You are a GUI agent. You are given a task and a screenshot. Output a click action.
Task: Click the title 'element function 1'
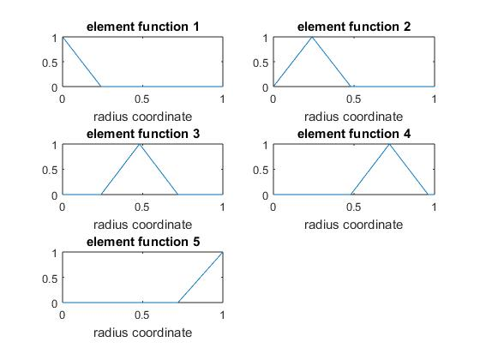tap(143, 27)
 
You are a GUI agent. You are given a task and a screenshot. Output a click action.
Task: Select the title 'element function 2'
tap(354, 27)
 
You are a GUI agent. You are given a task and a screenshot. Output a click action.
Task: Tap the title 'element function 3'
tap(143, 134)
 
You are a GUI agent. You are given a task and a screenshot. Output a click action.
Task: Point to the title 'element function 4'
tap(354, 134)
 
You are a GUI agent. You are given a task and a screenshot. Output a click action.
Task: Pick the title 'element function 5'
tap(143, 242)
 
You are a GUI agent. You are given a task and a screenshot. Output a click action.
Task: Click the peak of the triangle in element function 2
tap(312, 38)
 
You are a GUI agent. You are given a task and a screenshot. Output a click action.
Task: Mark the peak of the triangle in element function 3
tap(140, 144)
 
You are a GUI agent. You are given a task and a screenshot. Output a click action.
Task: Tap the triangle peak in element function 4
tap(389, 144)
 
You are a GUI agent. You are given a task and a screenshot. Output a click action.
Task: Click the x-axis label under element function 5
tap(142, 333)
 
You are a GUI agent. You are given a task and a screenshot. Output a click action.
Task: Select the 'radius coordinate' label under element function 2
tap(353, 117)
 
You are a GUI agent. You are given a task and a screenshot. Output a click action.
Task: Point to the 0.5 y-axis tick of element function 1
tap(50, 63)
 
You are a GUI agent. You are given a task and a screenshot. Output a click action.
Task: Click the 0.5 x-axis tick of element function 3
tap(142, 207)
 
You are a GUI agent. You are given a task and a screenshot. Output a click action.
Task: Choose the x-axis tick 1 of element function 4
tap(434, 207)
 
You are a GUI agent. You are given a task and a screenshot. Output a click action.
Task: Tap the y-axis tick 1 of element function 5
tap(55, 254)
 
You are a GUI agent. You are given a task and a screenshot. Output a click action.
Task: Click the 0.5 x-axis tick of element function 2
tap(353, 99)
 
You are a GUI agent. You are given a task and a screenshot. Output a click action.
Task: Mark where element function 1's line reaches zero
tap(101, 87)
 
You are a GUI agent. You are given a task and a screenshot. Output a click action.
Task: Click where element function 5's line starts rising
tap(178, 303)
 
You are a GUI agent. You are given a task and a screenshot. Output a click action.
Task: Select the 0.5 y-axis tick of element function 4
tap(261, 170)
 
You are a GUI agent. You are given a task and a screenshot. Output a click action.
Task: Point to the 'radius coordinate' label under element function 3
tap(142, 225)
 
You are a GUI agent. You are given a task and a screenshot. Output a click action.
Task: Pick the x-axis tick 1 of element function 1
tap(223, 99)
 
